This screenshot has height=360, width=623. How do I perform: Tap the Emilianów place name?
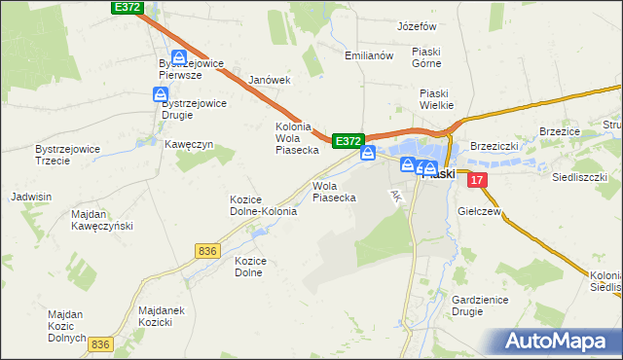click(369, 55)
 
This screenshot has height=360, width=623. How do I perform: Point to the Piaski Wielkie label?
click(439, 99)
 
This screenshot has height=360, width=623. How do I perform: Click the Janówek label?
click(271, 80)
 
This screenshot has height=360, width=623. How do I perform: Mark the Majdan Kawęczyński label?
click(101, 219)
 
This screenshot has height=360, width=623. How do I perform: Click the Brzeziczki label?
click(495, 145)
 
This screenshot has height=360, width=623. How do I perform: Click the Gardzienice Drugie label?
click(480, 306)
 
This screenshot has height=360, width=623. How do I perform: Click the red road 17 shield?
click(476, 181)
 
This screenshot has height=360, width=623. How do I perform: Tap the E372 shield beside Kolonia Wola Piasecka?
click(348, 141)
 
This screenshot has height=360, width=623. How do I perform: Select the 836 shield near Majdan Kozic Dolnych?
click(100, 344)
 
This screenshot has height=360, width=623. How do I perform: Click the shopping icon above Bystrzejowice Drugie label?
click(161, 93)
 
